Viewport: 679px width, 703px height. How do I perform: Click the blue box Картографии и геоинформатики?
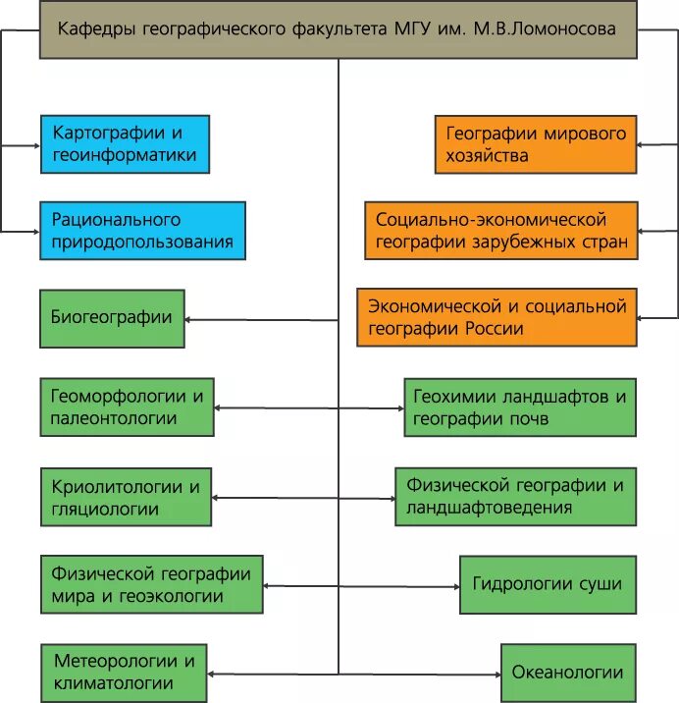(125, 143)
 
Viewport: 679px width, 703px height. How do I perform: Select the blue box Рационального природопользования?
(142, 231)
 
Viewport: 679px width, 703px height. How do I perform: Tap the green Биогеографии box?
(112, 318)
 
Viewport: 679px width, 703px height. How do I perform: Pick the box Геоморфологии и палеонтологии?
(127, 406)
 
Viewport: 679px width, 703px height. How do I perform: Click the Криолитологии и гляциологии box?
(126, 497)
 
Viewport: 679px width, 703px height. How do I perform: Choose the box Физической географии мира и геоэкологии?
(152, 584)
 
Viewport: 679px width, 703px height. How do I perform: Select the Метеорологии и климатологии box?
(125, 673)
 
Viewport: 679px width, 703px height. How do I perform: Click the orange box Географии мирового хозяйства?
(536, 143)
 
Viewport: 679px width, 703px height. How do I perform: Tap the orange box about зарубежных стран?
(500, 231)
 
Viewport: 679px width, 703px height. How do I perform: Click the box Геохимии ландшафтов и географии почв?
(519, 407)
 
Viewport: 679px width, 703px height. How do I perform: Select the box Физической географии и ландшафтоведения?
(515, 497)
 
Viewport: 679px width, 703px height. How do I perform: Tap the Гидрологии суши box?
(547, 584)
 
